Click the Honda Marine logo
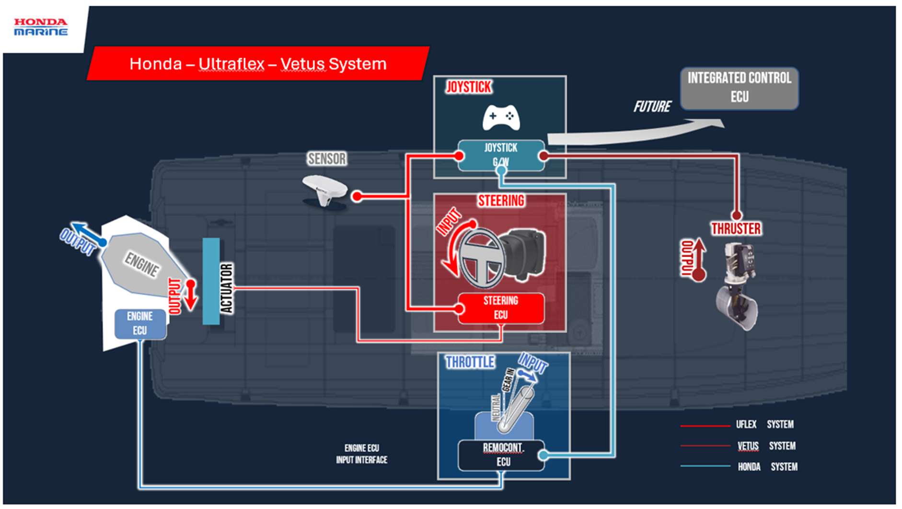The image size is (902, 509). [41, 27]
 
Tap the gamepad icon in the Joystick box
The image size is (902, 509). [501, 117]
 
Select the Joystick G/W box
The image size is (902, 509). [501, 154]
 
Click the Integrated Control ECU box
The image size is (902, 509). [739, 88]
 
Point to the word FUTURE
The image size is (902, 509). [652, 107]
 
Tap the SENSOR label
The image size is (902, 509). [327, 159]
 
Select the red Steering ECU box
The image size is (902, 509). [501, 308]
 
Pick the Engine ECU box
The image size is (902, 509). [140, 324]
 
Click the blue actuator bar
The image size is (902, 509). [211, 281]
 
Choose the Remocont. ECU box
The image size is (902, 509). [502, 455]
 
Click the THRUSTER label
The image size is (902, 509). [736, 229]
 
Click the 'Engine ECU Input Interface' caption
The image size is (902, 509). [361, 454]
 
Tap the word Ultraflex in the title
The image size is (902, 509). [231, 64]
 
